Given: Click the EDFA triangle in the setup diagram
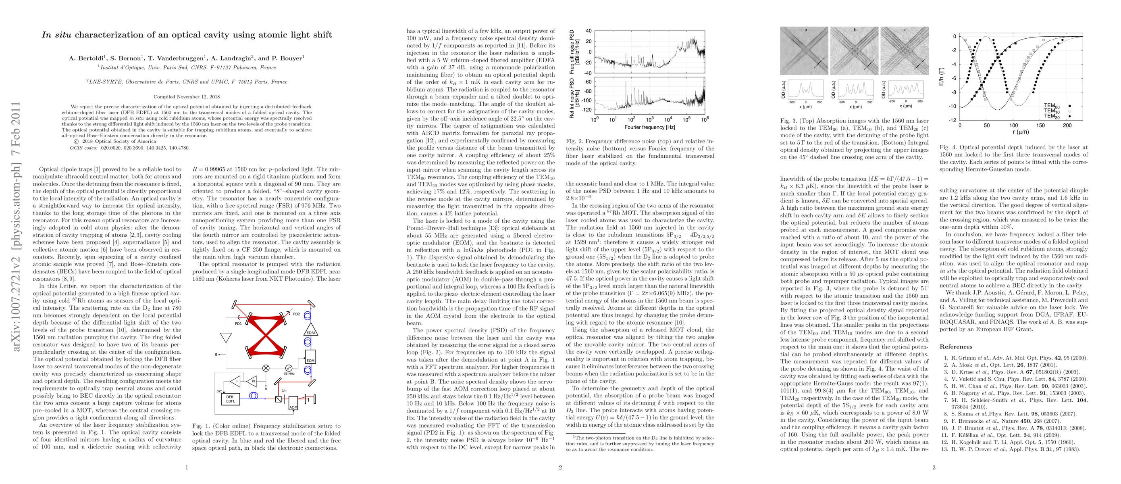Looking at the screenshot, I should point(311,330).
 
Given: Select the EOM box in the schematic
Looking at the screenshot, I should point(310,357).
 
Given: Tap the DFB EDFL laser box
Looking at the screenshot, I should point(230,398).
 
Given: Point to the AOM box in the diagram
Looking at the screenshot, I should point(293,403).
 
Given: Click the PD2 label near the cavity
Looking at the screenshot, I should point(297,314).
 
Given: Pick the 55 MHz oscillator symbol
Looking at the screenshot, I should point(289,368).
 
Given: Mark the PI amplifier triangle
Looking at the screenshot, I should point(252,381).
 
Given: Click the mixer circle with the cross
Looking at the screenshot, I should point(266,368).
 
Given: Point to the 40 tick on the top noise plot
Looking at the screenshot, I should point(589,31).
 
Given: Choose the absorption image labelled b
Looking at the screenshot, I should point(855,50).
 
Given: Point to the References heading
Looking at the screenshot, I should point(956,347).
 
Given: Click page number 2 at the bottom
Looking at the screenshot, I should point(560,467).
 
